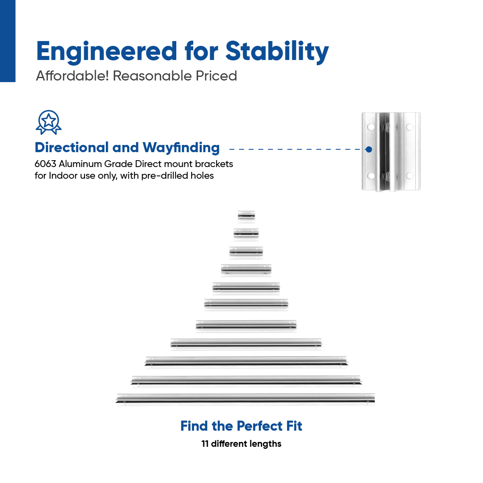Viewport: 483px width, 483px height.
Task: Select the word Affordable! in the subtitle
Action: click(x=72, y=76)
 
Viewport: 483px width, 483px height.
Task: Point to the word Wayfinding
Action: click(x=181, y=148)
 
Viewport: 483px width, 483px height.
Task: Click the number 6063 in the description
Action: click(x=45, y=164)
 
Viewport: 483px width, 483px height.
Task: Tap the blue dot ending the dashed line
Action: click(x=369, y=149)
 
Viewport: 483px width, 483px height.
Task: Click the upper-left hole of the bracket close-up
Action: click(x=371, y=127)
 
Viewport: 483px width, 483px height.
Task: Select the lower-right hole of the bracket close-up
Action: click(x=410, y=176)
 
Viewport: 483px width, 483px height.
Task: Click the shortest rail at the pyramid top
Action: click(x=246, y=216)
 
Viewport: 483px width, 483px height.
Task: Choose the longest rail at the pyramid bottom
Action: click(x=246, y=398)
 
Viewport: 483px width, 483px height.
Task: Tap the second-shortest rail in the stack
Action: click(x=246, y=233)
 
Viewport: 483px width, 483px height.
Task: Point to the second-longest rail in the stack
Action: click(x=246, y=380)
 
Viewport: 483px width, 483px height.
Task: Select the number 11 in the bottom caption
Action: click(x=205, y=444)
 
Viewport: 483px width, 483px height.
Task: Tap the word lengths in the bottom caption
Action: click(x=264, y=444)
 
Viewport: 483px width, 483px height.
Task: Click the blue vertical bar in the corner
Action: click(x=8, y=40)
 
